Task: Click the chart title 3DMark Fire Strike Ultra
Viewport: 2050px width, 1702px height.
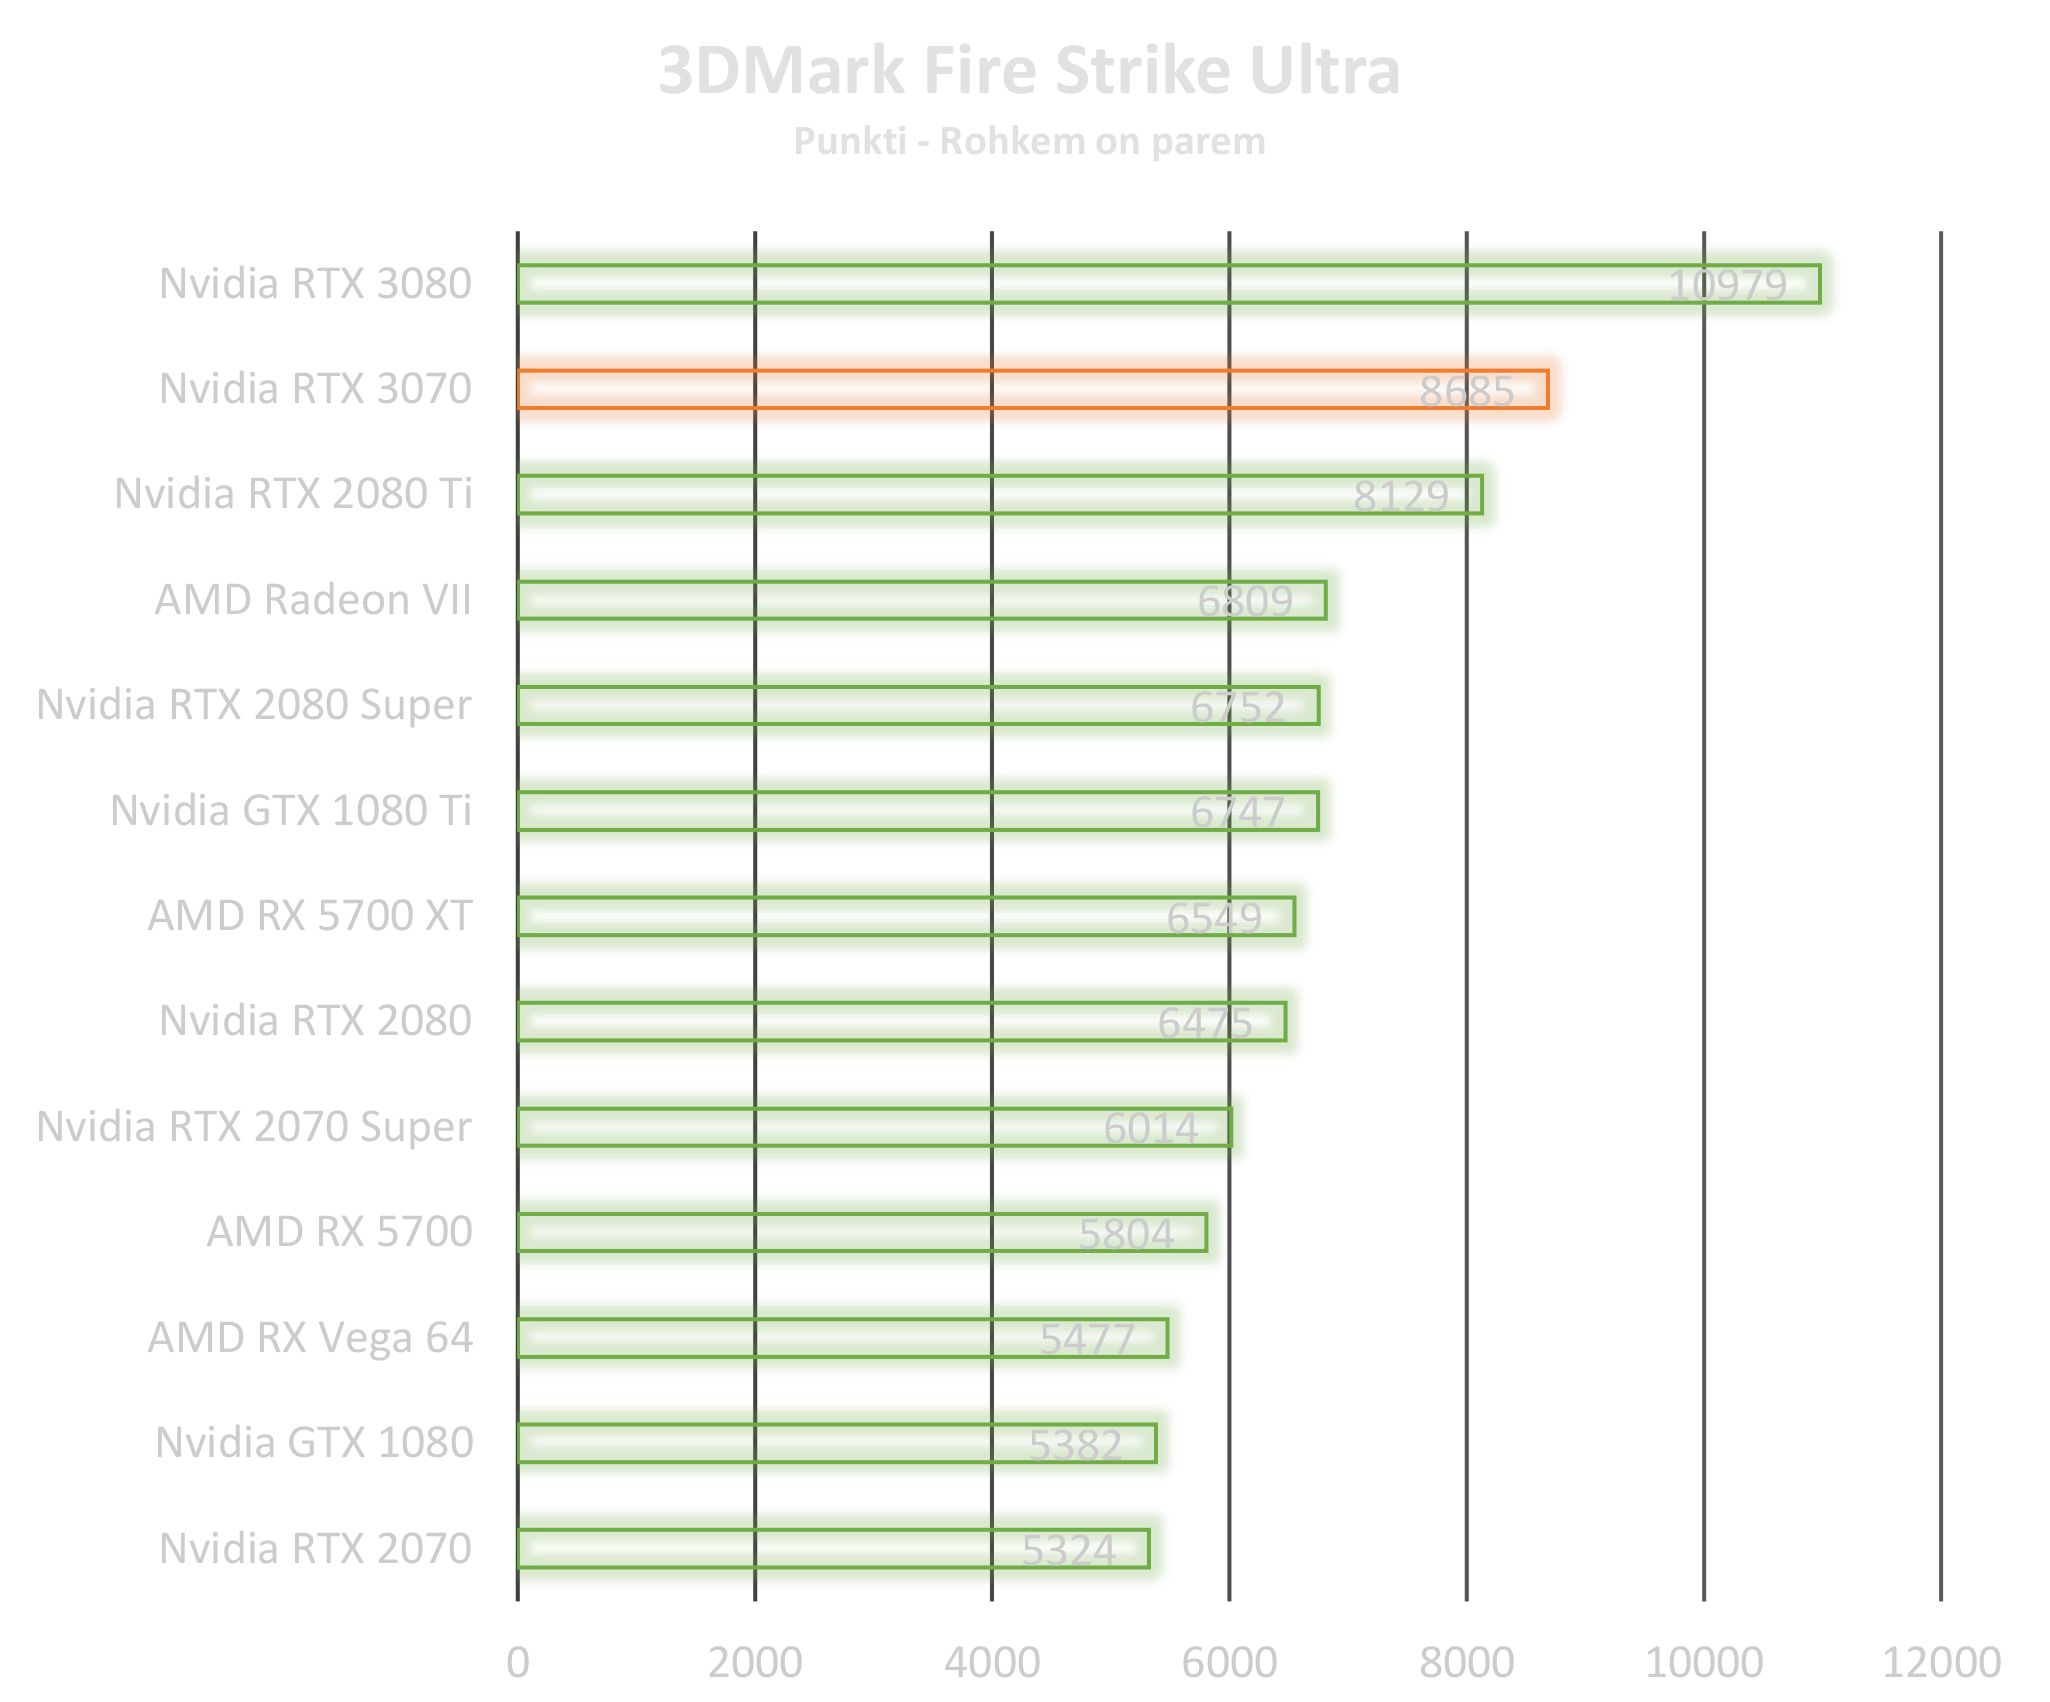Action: point(1029,72)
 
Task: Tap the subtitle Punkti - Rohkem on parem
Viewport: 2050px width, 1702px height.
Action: point(1029,142)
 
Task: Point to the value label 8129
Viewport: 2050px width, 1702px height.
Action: point(1400,496)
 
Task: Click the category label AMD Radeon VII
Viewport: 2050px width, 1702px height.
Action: point(313,600)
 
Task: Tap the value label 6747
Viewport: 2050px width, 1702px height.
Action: point(1237,812)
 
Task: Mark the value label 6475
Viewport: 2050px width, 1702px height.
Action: point(1205,1023)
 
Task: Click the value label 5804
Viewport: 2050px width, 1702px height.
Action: point(1126,1234)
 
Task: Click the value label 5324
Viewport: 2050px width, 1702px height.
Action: point(1068,1550)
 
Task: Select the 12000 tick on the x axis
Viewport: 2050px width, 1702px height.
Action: point(1940,1662)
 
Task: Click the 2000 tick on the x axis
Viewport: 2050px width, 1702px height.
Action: point(755,1662)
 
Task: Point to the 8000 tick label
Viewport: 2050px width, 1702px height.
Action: point(1466,1662)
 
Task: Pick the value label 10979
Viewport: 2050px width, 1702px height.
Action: point(1727,286)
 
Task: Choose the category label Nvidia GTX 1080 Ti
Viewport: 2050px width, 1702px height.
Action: point(291,811)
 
